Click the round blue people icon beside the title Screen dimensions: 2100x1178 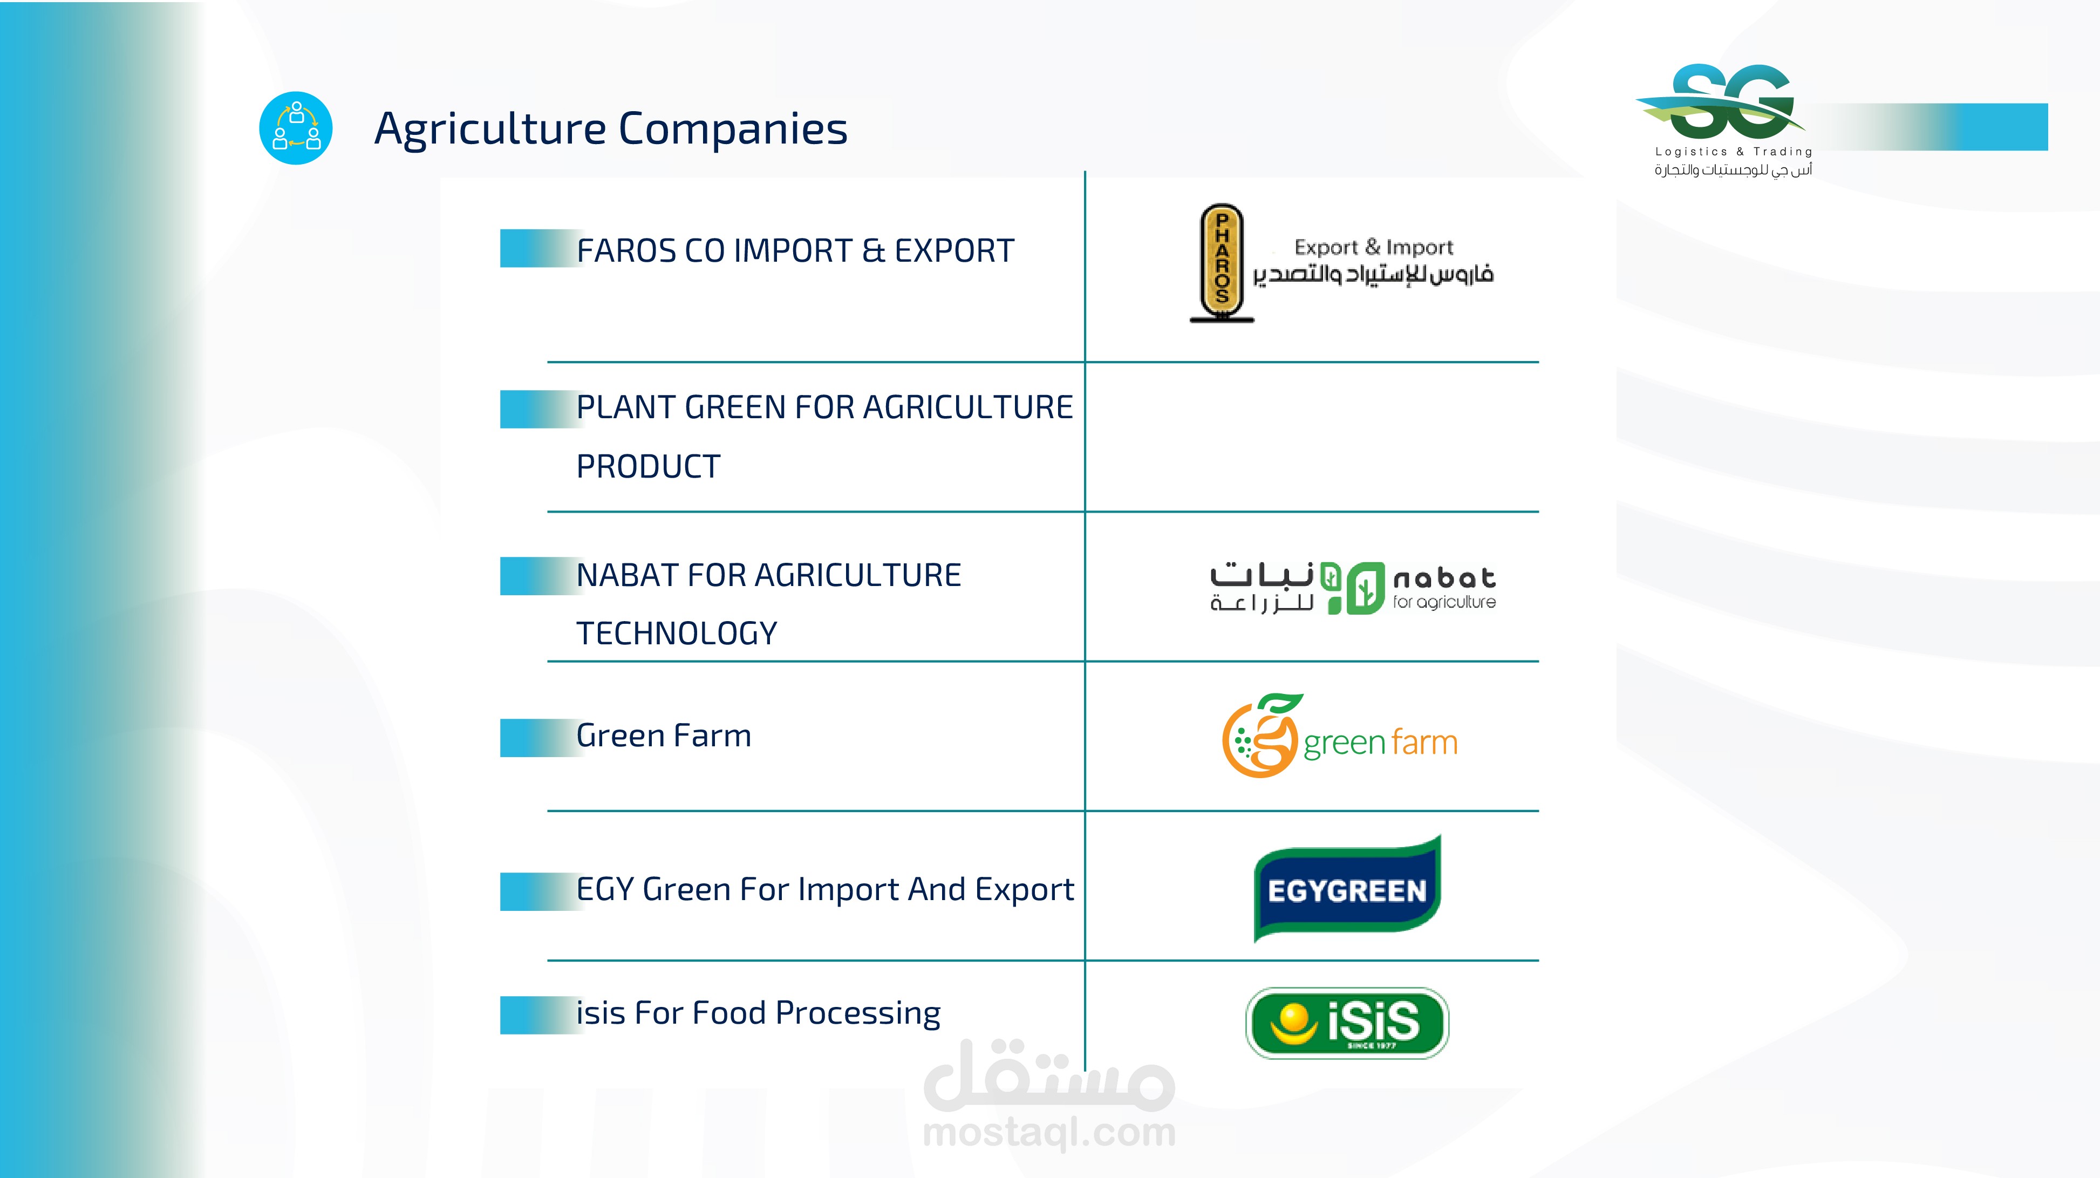(296, 128)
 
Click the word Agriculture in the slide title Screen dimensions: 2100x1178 (490, 129)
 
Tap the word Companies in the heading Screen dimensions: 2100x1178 (733, 129)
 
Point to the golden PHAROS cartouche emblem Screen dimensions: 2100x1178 (1221, 262)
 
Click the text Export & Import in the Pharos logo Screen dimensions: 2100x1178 (1374, 247)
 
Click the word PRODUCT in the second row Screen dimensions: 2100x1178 (648, 466)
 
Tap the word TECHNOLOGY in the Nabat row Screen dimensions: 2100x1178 (677, 634)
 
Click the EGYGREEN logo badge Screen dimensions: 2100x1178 (1347, 889)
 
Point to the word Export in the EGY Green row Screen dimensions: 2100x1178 (1024, 889)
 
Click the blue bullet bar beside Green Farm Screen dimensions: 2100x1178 (541, 738)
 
